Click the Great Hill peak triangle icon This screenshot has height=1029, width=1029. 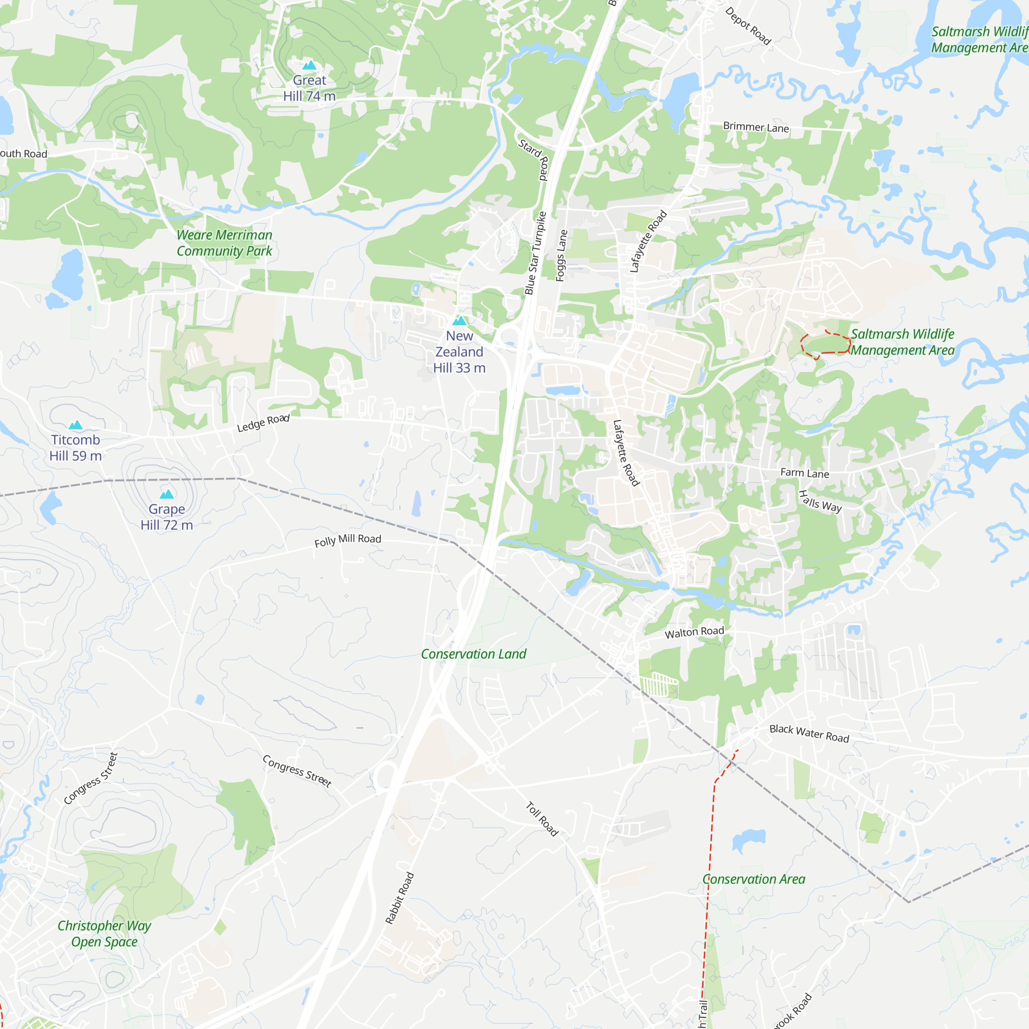point(309,65)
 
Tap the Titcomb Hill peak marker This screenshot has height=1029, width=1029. point(76,425)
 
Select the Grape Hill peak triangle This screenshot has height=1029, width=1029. point(167,494)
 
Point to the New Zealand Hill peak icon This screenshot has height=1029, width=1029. point(459,321)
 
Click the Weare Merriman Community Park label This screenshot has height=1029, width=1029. point(224,243)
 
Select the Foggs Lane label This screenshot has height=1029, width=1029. point(561,255)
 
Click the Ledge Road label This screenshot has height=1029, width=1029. point(263,423)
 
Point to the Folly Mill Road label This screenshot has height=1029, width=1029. point(347,540)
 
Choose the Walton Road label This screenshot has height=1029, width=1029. point(694,632)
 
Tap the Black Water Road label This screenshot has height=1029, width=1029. point(809,733)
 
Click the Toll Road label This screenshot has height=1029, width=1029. point(542,819)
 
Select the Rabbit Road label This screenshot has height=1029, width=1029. point(399,898)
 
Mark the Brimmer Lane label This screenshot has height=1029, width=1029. point(756,127)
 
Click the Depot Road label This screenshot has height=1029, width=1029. point(748,26)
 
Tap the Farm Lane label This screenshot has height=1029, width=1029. point(804,473)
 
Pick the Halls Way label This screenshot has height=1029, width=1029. point(820,501)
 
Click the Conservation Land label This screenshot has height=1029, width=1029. point(473,654)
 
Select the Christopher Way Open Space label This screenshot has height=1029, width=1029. point(104,934)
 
